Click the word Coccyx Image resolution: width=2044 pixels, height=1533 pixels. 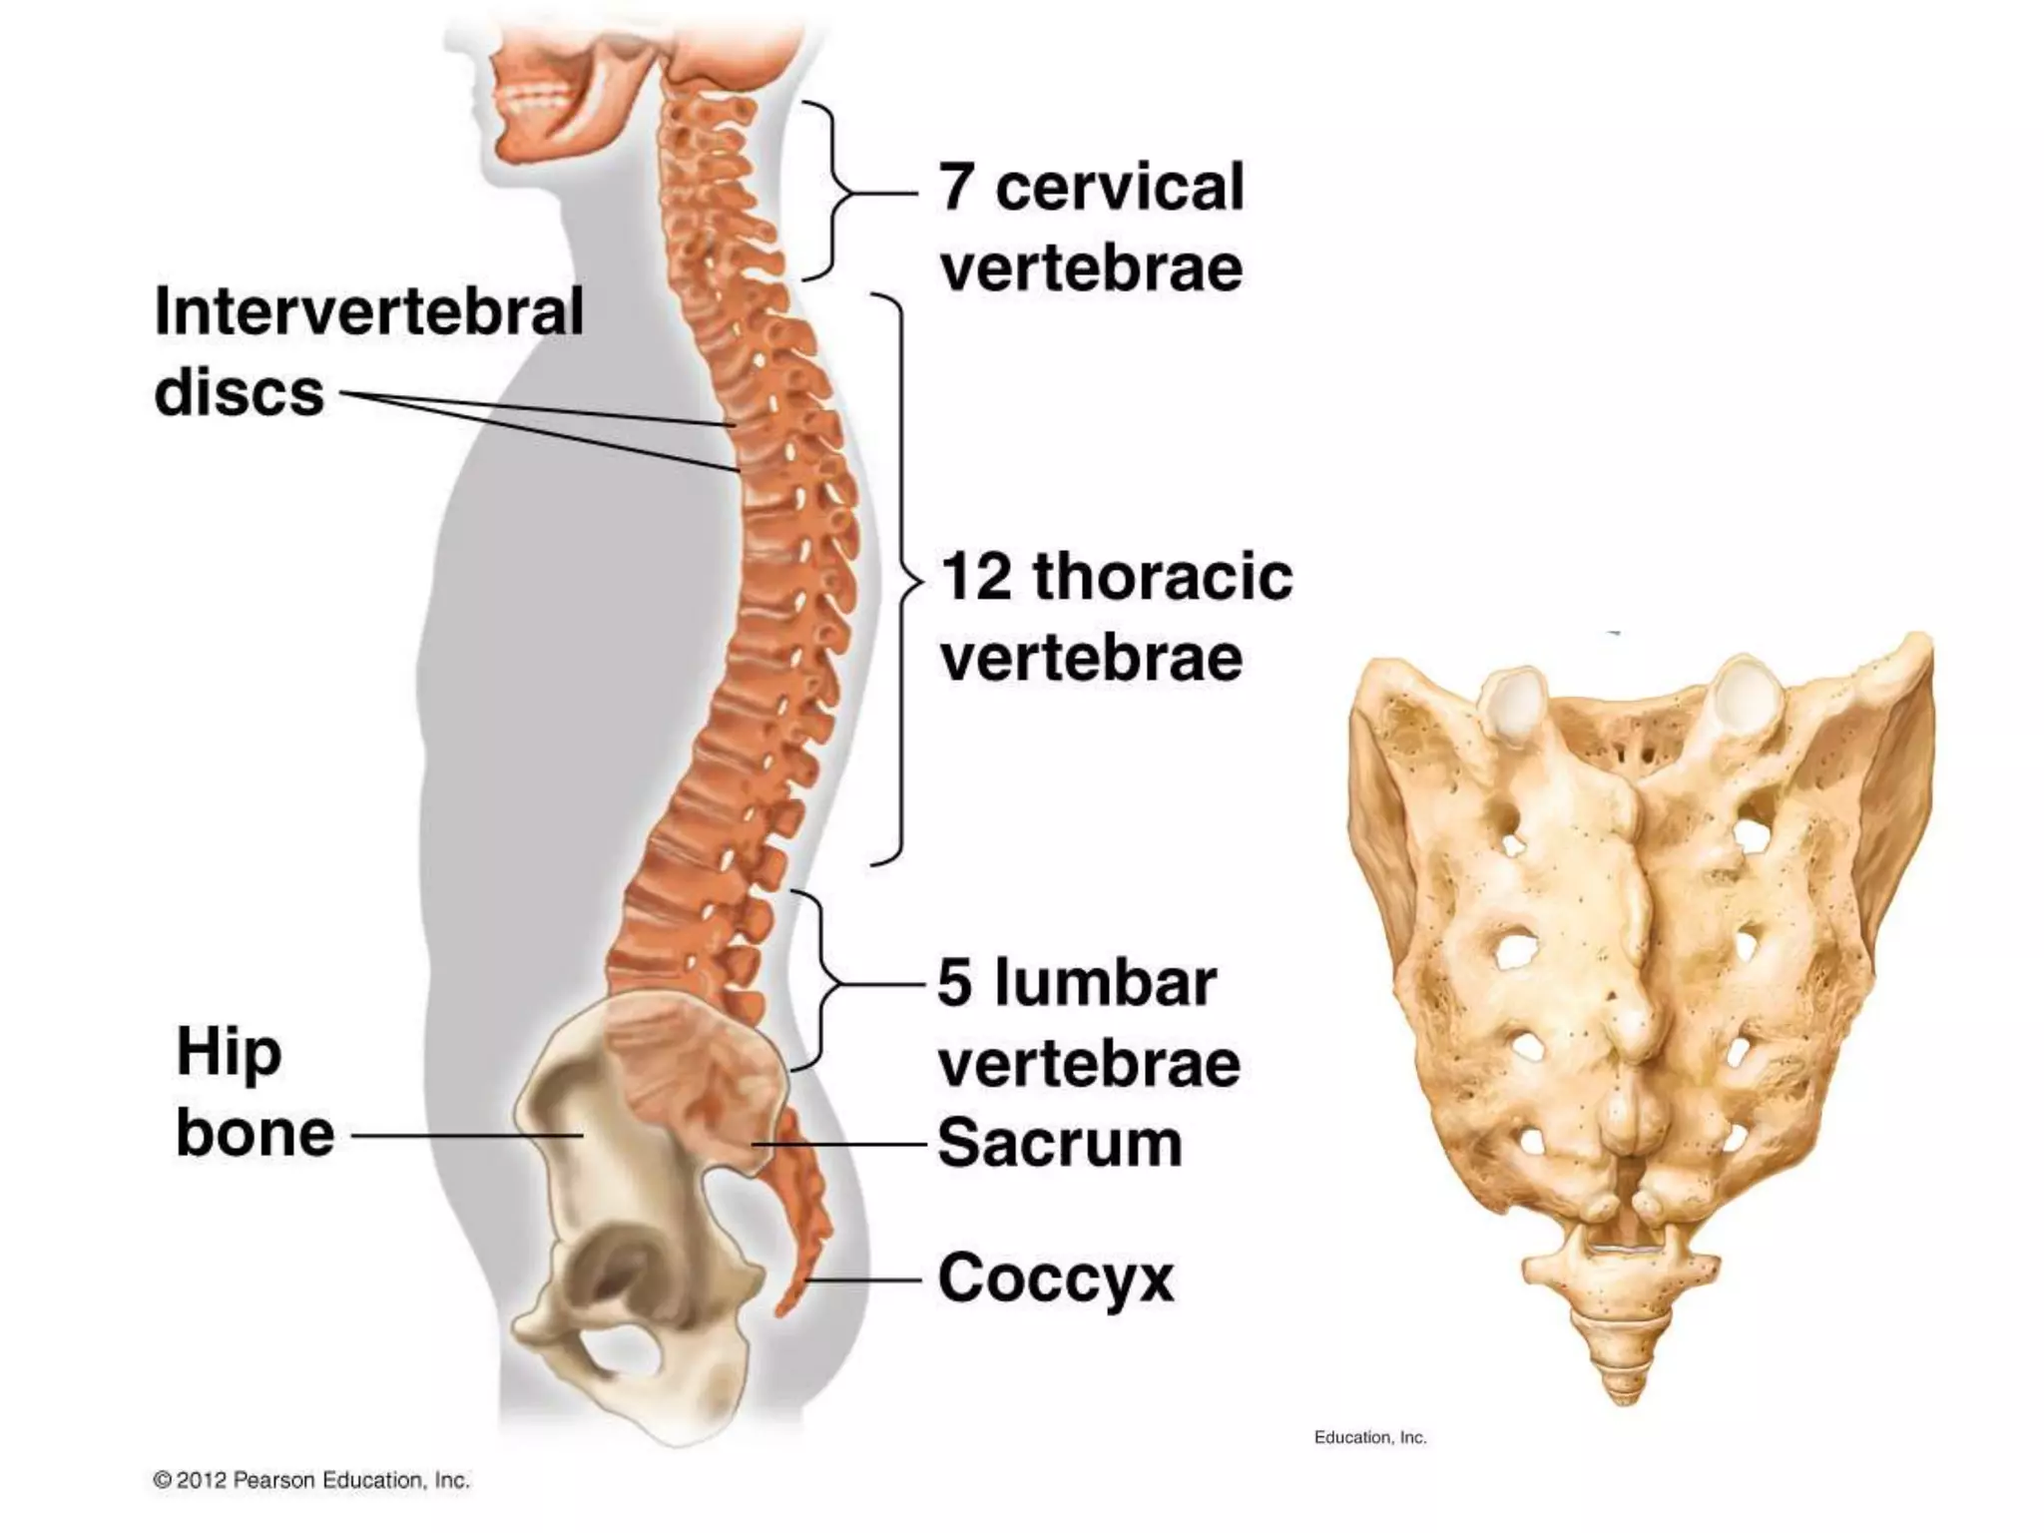pyautogui.click(x=1055, y=1278)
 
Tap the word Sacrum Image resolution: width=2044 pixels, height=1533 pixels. pyautogui.click(x=1059, y=1143)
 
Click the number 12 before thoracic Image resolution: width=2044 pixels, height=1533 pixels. pyautogui.click(x=976, y=577)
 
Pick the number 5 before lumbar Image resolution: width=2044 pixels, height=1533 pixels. pyautogui.click(x=954, y=983)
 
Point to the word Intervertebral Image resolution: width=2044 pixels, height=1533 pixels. pyautogui.click(x=368, y=311)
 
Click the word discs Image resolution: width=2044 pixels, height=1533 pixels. pyautogui.click(x=240, y=392)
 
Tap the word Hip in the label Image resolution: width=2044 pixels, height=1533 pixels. pyautogui.click(x=229, y=1053)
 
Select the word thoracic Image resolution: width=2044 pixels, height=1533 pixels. pyautogui.click(x=1163, y=577)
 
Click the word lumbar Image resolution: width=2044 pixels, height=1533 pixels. pyautogui.click(x=1105, y=983)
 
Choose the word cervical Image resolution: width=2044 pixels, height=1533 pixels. pyautogui.click(x=1120, y=187)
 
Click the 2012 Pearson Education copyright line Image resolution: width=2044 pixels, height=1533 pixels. pyautogui.click(x=311, y=1480)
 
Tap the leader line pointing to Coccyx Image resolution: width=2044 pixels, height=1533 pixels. pyautogui.click(x=863, y=1278)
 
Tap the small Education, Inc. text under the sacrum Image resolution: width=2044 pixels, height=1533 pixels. pyautogui.click(x=1369, y=1437)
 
